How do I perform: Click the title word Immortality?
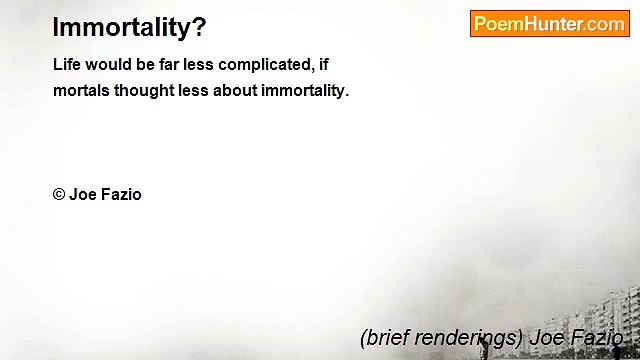(x=129, y=27)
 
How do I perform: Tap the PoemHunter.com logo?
(x=549, y=24)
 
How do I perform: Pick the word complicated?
(x=266, y=65)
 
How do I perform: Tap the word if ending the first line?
(x=323, y=65)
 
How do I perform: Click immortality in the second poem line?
(x=305, y=91)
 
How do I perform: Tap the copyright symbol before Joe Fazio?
(x=59, y=195)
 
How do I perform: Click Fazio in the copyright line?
(x=120, y=195)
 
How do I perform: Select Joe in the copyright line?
(x=82, y=195)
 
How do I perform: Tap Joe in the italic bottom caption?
(x=548, y=337)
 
